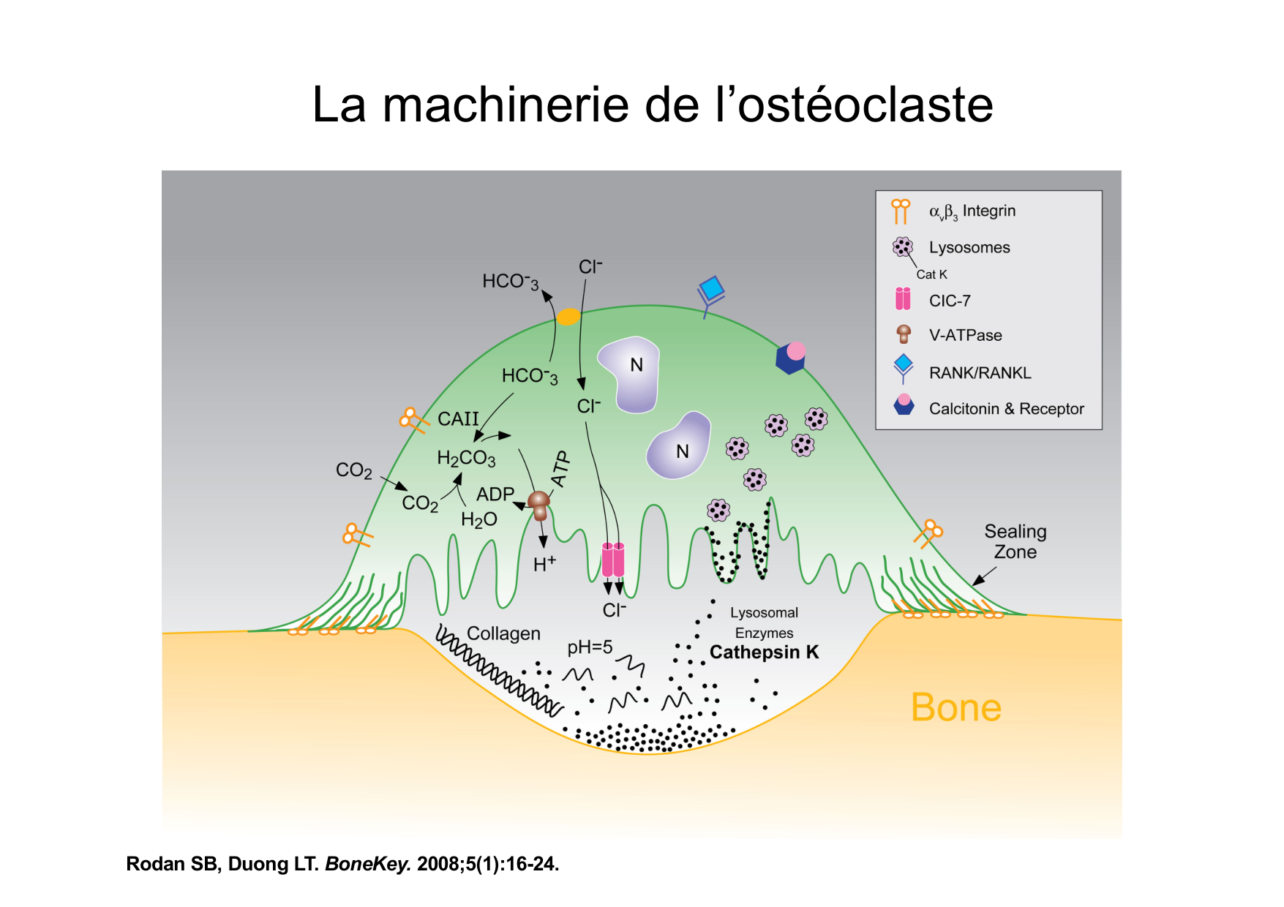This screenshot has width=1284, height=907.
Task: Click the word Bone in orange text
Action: point(956,708)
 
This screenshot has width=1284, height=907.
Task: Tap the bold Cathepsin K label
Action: point(764,652)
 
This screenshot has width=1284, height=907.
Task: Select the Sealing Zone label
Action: point(1015,541)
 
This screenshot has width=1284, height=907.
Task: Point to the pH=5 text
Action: point(590,647)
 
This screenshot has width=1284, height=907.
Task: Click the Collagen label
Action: point(503,633)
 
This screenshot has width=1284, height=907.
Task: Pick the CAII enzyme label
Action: point(458,419)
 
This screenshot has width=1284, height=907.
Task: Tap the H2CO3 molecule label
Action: point(466,459)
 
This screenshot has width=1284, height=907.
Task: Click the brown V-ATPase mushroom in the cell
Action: point(539,504)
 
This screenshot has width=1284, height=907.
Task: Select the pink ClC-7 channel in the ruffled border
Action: point(613,560)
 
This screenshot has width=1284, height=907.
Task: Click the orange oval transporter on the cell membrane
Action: point(568,317)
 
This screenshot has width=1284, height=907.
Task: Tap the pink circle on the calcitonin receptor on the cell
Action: point(796,351)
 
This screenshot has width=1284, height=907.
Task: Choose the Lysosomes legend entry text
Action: point(969,247)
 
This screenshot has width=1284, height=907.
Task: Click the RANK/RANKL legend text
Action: point(980,373)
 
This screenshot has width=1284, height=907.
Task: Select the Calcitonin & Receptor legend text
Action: point(1006,409)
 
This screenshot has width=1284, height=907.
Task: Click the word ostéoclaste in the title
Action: point(865,105)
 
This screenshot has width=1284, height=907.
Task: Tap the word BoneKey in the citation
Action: point(367,864)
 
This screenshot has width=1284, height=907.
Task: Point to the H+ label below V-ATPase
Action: point(544,564)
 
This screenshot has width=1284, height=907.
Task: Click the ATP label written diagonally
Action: point(560,469)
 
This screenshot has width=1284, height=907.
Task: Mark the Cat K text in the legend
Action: point(931,274)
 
